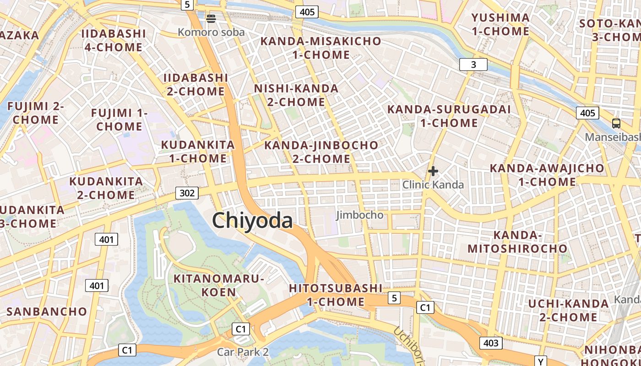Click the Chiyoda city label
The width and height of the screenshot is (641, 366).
[252, 221]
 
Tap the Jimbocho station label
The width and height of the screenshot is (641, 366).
[360, 215]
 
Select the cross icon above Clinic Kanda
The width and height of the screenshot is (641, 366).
[433, 172]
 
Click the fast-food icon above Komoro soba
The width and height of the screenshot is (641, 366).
[211, 19]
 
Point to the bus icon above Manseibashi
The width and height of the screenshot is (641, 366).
[616, 123]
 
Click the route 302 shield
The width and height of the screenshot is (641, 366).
[187, 193]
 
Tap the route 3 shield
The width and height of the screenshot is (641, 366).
[473, 65]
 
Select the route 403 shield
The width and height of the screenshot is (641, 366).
[491, 343]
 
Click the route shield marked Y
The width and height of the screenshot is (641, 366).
[541, 361]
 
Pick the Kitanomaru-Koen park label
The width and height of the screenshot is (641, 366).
[219, 285]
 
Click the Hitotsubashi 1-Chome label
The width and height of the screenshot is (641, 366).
[336, 295]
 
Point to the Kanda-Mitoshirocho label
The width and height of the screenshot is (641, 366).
[517, 242]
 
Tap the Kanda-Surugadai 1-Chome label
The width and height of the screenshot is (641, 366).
[449, 116]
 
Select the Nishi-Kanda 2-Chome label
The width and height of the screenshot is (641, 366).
[296, 95]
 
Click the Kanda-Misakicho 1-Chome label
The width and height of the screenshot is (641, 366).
[320, 48]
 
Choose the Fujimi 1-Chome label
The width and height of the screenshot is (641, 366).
[119, 119]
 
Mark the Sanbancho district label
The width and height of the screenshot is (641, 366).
[47, 312]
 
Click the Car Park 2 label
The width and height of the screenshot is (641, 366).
[243, 352]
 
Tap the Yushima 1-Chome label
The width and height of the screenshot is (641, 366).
[500, 25]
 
